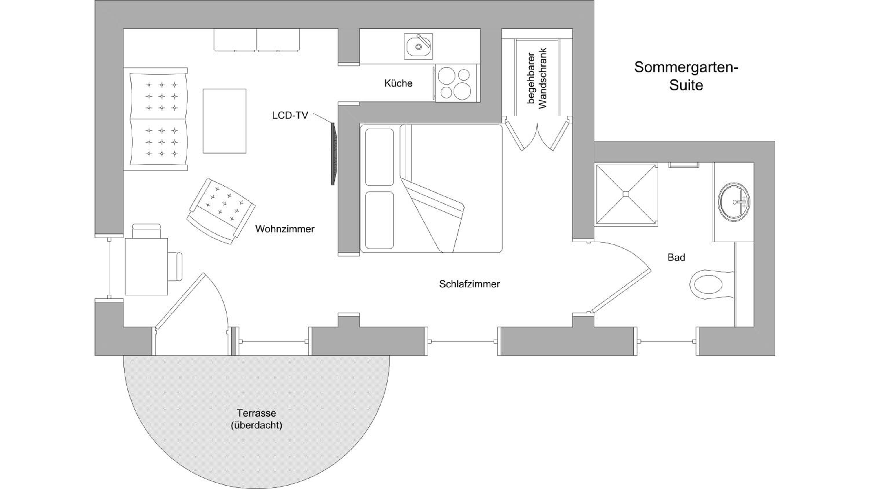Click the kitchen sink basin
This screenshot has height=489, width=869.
[x=418, y=47]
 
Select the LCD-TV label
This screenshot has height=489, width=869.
[x=290, y=115]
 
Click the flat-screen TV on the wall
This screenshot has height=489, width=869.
[x=334, y=154]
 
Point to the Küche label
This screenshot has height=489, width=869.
[x=398, y=83]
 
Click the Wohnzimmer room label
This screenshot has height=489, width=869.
[x=285, y=229]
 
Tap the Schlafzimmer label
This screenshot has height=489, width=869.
[x=469, y=284]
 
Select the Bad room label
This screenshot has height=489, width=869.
[x=676, y=258]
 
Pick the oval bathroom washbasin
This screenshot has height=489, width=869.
[x=734, y=202]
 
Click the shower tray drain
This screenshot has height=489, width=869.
[x=626, y=194]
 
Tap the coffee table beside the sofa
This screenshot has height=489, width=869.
[x=224, y=121]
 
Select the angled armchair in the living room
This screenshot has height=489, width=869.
[x=221, y=211]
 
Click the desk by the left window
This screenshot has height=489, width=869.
[x=146, y=267]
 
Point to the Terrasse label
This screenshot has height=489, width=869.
[x=256, y=413]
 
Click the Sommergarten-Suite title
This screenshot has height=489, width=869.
[x=686, y=76]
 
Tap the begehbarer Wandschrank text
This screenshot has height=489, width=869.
[x=537, y=78]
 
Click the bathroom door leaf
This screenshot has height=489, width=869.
[x=621, y=291]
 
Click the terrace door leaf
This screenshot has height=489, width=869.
[x=180, y=300]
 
